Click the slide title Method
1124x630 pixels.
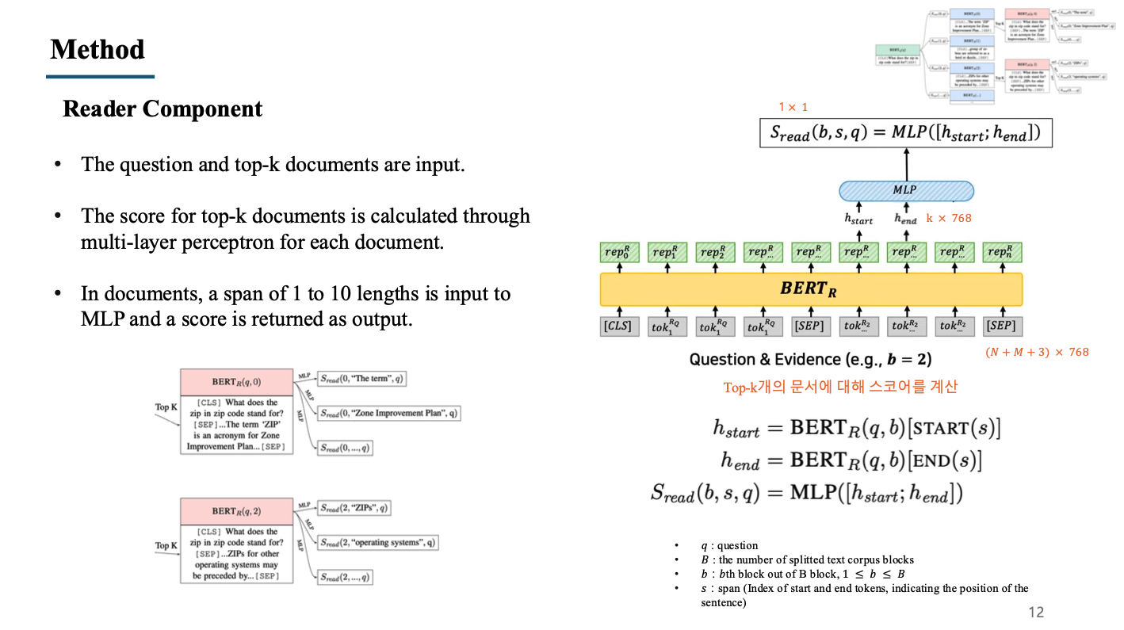[x=97, y=49]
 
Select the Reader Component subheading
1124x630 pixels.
[x=162, y=109]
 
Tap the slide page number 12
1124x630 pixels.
[x=1035, y=612]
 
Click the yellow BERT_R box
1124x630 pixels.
[x=811, y=289]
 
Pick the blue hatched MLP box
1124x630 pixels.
[x=906, y=190]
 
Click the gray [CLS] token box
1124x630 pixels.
[x=618, y=326]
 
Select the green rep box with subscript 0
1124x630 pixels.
[x=618, y=253]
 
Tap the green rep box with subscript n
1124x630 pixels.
[x=1002, y=253]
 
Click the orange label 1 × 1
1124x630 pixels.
[x=793, y=107]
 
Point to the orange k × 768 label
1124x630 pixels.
[x=948, y=218]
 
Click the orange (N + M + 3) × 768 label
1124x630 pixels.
[x=1037, y=352]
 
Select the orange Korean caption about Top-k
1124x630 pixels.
[x=840, y=387]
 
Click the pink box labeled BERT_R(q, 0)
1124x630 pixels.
[x=235, y=382]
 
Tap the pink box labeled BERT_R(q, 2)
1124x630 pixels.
[x=235, y=511]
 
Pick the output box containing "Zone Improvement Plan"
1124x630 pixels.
[x=388, y=413]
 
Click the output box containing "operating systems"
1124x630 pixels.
[x=377, y=543]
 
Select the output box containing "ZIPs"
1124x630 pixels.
[x=354, y=508]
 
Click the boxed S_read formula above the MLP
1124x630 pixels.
[x=906, y=132]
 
